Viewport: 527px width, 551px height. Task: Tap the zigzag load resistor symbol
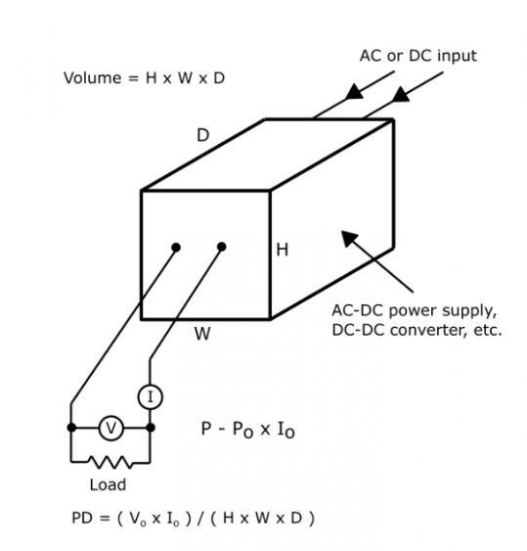pyautogui.click(x=110, y=462)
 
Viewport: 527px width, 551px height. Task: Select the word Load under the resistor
pyautogui.click(x=108, y=484)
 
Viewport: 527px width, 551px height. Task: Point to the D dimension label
pyautogui.click(x=203, y=135)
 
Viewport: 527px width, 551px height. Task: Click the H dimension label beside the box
pyautogui.click(x=283, y=250)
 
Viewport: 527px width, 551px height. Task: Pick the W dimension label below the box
pyautogui.click(x=202, y=334)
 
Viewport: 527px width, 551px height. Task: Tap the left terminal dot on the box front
pyautogui.click(x=176, y=248)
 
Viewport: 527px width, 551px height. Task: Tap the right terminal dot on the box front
pyautogui.click(x=222, y=247)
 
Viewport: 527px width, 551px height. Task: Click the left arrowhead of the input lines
pyautogui.click(x=354, y=92)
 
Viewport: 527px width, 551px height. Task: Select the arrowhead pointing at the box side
pyautogui.click(x=349, y=238)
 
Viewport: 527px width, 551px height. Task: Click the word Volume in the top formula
pyautogui.click(x=92, y=78)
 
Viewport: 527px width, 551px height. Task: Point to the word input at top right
pyautogui.click(x=459, y=56)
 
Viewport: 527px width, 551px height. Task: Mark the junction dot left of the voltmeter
pyautogui.click(x=71, y=428)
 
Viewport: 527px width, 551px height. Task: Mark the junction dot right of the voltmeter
pyautogui.click(x=151, y=428)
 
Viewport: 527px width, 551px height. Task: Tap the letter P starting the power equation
pyautogui.click(x=206, y=429)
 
